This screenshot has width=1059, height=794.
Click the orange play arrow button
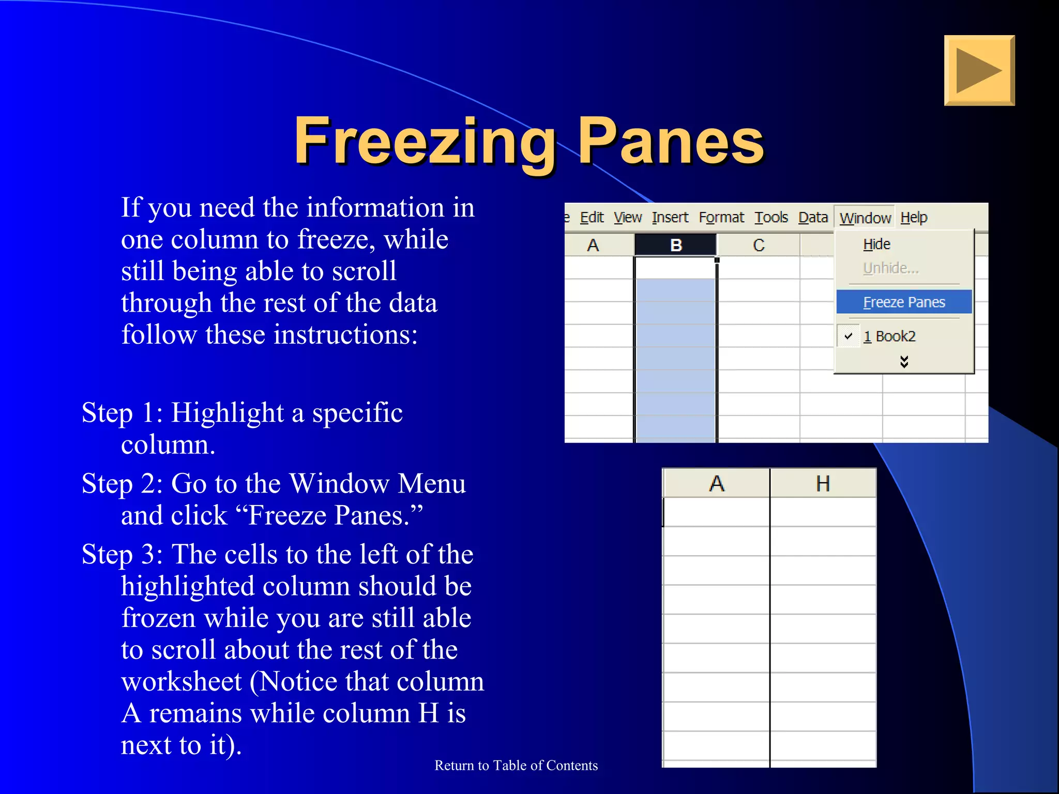979,70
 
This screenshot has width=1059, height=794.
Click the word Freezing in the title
425,141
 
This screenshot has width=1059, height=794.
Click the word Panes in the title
670,141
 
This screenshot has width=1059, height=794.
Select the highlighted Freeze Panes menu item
904,302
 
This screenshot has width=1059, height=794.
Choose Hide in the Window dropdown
876,244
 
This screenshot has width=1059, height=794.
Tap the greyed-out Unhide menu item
890,268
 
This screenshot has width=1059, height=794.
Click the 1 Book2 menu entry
889,337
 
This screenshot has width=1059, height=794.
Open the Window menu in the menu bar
865,218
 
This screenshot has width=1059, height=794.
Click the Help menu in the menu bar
914,218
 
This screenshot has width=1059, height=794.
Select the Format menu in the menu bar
721,218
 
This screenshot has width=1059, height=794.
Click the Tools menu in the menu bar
770,218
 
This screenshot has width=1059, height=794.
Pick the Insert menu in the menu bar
670,218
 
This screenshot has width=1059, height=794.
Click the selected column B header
675,245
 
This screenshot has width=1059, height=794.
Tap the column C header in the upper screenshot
758,245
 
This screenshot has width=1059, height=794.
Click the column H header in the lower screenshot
823,484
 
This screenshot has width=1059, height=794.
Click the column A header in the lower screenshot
716,484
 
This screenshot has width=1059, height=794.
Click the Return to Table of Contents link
516,766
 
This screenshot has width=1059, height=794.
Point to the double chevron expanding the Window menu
904,361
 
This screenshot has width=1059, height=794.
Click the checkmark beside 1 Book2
848,336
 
